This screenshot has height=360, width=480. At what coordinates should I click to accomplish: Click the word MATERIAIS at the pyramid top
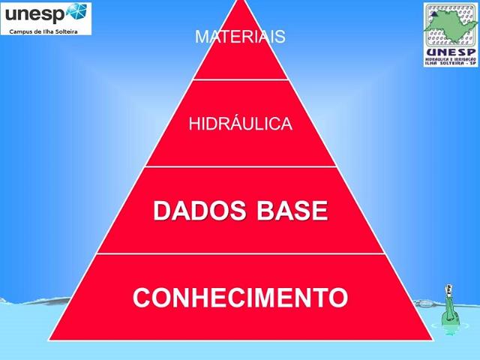[x=240, y=37]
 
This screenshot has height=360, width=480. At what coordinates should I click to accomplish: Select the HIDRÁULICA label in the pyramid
[x=240, y=124]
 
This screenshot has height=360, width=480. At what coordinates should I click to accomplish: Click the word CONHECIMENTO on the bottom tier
[x=240, y=298]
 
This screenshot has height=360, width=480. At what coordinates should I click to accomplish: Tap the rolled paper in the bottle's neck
[x=448, y=288]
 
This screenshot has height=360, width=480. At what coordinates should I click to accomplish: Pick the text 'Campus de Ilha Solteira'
[x=43, y=31]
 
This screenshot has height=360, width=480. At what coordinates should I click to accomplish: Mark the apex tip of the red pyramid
[x=240, y=2]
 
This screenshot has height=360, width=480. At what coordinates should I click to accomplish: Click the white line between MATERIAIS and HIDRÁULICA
[x=240, y=79]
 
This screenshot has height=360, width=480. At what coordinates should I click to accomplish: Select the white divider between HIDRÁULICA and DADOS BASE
[x=240, y=166]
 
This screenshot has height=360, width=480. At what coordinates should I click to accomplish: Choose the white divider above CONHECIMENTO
[x=240, y=253]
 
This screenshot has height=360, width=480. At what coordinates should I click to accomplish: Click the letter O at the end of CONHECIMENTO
[x=338, y=298]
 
